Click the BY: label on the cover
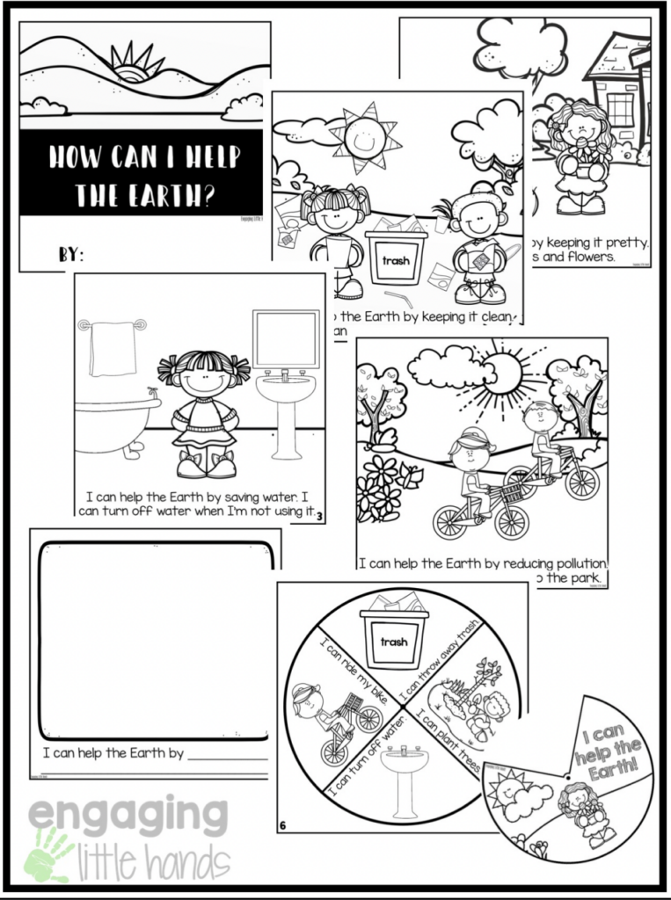71,255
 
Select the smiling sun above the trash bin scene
363,137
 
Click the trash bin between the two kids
396,257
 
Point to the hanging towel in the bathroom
113,348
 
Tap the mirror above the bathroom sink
286,338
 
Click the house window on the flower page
621,109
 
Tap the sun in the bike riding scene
502,373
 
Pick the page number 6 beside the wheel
283,825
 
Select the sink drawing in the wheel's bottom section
404,778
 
